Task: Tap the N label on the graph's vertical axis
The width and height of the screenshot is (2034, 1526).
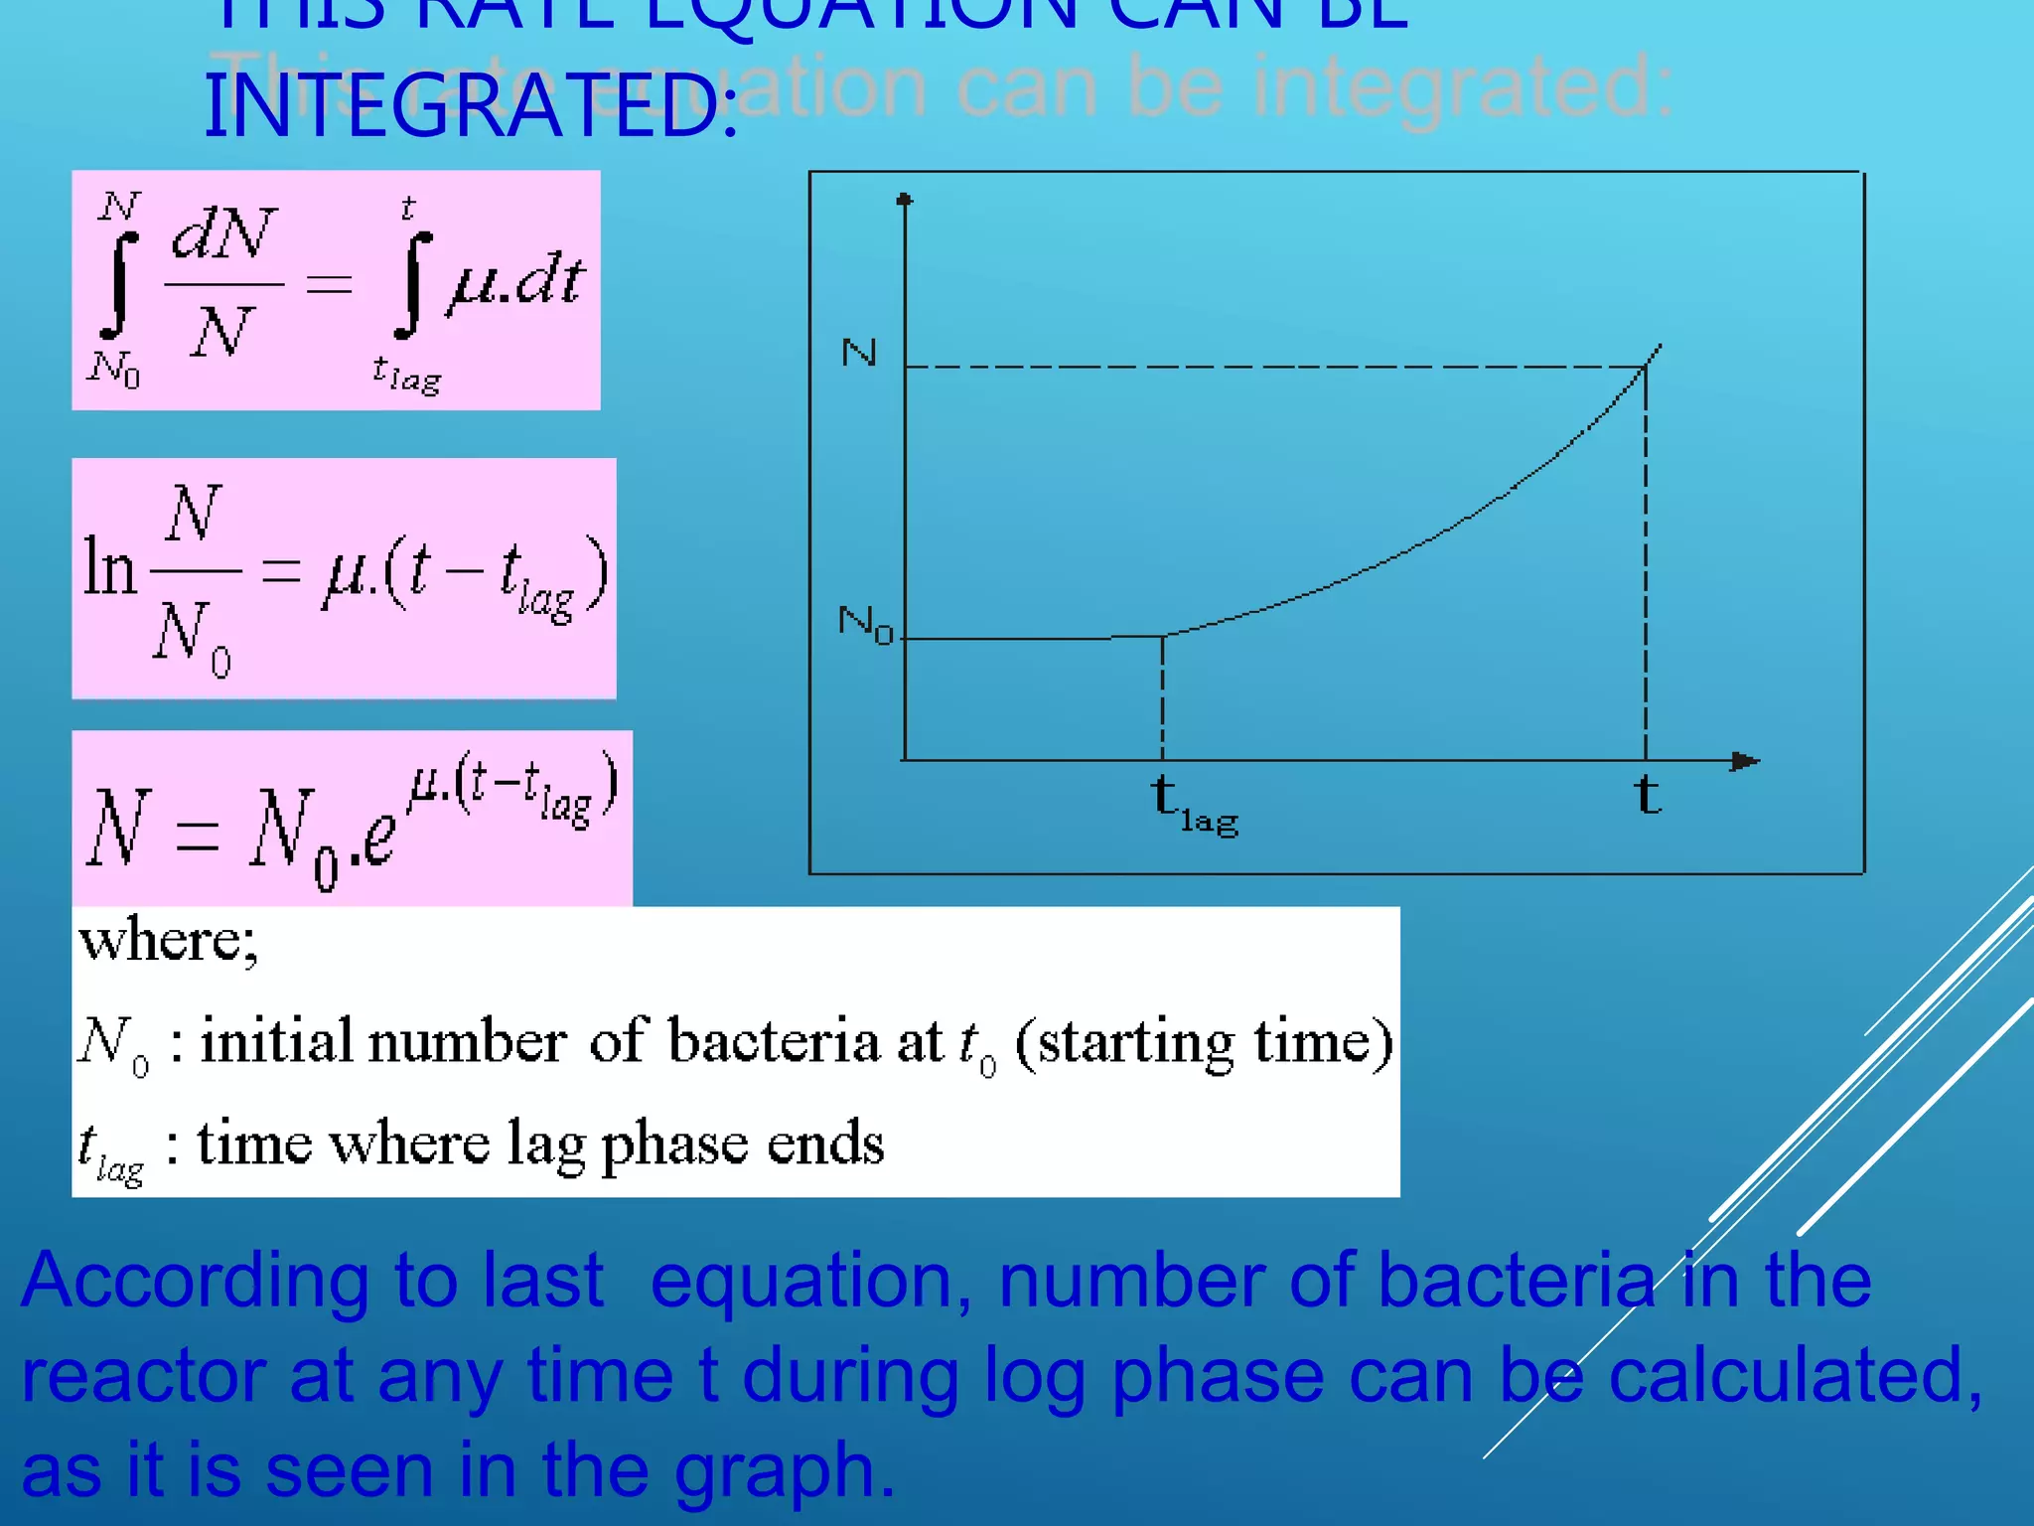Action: point(859,353)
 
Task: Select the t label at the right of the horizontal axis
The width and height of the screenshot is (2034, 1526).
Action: point(1648,796)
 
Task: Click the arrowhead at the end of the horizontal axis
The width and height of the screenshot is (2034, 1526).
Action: point(1744,761)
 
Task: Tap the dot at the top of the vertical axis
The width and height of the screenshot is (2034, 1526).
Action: point(904,201)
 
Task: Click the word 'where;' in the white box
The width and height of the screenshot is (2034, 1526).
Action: point(169,940)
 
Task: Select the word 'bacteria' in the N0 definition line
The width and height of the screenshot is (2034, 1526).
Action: point(774,1041)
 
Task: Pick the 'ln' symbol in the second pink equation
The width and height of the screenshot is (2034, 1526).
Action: point(108,568)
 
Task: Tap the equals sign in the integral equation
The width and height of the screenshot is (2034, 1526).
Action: point(329,285)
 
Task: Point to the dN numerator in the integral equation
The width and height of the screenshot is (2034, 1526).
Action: point(223,234)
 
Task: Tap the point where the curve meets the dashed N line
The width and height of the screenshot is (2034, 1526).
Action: point(1646,367)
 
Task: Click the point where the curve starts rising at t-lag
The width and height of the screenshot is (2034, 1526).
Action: point(1163,636)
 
